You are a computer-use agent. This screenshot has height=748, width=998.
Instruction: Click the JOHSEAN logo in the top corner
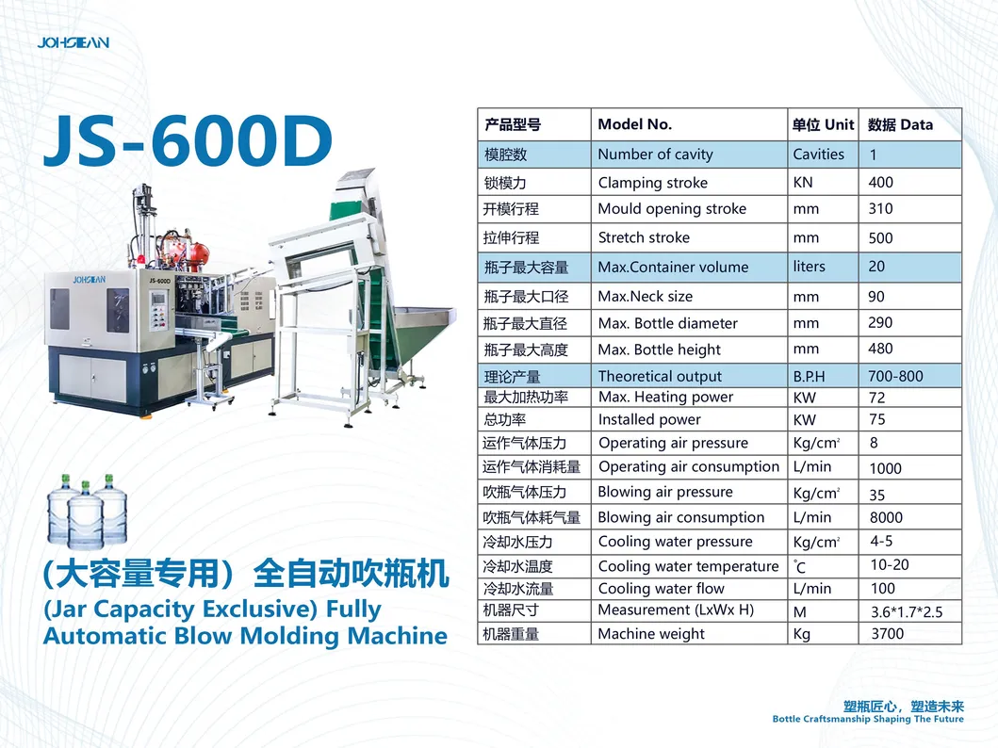click(74, 42)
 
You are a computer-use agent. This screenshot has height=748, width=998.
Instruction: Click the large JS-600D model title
click(188, 140)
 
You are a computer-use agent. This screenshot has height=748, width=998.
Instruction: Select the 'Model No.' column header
click(634, 124)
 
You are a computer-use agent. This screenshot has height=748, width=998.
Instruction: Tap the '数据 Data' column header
click(900, 124)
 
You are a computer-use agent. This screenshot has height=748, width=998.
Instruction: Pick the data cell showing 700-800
click(895, 376)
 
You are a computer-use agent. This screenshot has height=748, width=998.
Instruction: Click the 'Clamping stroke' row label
click(652, 183)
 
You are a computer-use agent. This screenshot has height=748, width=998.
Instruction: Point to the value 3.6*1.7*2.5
click(907, 612)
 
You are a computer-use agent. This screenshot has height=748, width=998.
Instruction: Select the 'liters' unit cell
click(809, 267)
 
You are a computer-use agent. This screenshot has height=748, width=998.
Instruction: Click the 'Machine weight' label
click(651, 634)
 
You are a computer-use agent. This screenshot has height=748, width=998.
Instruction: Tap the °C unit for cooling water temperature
click(799, 567)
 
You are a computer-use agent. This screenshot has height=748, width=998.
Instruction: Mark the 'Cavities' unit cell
click(819, 154)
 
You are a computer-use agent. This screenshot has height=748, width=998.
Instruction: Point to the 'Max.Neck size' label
click(646, 297)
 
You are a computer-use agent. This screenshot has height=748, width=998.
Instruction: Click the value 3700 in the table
click(887, 634)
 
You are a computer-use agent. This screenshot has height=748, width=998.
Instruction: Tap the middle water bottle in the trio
click(85, 516)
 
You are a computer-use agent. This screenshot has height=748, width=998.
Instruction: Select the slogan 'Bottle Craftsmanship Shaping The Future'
click(868, 720)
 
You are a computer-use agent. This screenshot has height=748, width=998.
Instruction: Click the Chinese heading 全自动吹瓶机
click(352, 574)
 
